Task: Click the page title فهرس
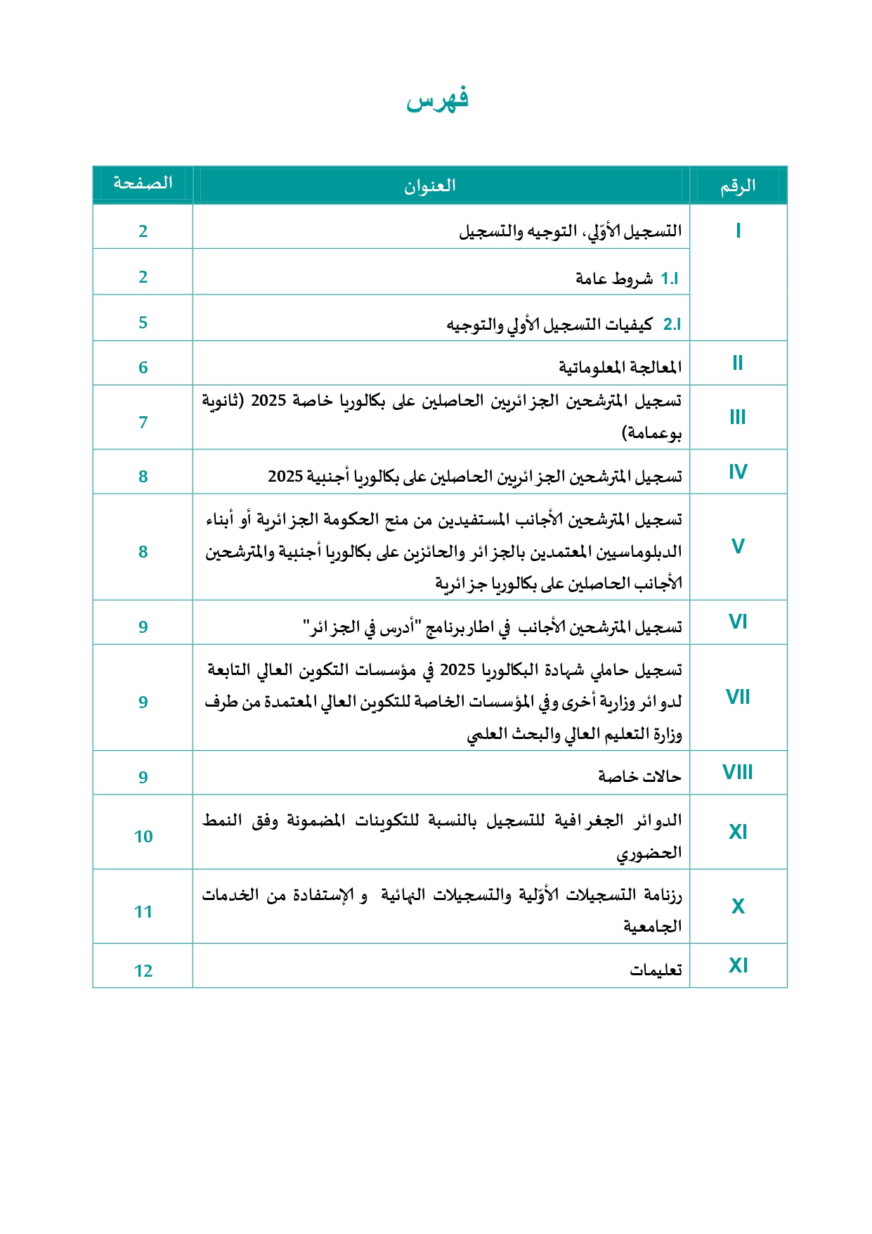[437, 100]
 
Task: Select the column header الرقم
[737, 186]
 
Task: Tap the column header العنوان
[429, 186]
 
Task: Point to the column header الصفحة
[143, 184]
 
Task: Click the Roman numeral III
[737, 417]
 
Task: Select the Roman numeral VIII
[737, 772]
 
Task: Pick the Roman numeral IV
[737, 472]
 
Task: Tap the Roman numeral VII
[737, 697]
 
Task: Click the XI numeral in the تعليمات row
[737, 965]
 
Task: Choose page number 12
[143, 971]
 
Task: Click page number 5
[143, 323]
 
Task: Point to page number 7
[143, 423]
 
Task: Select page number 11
[143, 912]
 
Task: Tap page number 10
[143, 837]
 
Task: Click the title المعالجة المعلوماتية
[620, 367]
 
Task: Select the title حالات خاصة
[639, 776]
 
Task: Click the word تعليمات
[656, 970]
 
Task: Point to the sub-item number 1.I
[669, 279]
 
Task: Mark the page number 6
[143, 368]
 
